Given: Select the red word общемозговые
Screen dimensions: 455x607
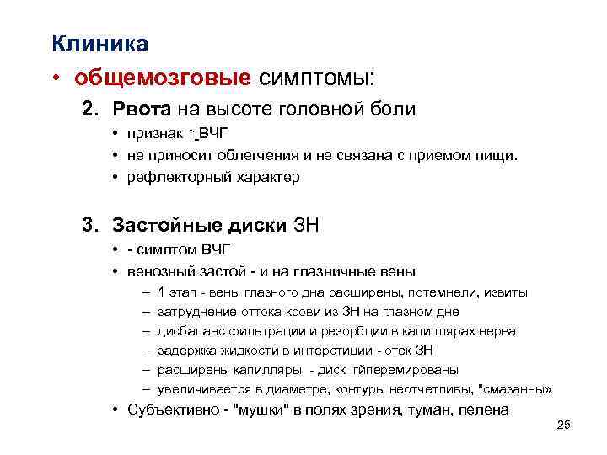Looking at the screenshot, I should coord(162,78).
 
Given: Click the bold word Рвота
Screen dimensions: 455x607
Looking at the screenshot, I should coord(139,110).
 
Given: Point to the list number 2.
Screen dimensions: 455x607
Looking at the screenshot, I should coord(89,110).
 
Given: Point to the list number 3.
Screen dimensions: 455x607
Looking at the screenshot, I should coord(89,224).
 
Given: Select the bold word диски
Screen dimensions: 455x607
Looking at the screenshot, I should coord(256,225).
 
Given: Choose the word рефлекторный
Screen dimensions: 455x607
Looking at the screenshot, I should coord(169,178).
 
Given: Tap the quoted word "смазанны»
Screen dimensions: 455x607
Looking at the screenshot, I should coord(515,389).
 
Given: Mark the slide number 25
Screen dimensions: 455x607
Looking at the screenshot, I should coord(564,426).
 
